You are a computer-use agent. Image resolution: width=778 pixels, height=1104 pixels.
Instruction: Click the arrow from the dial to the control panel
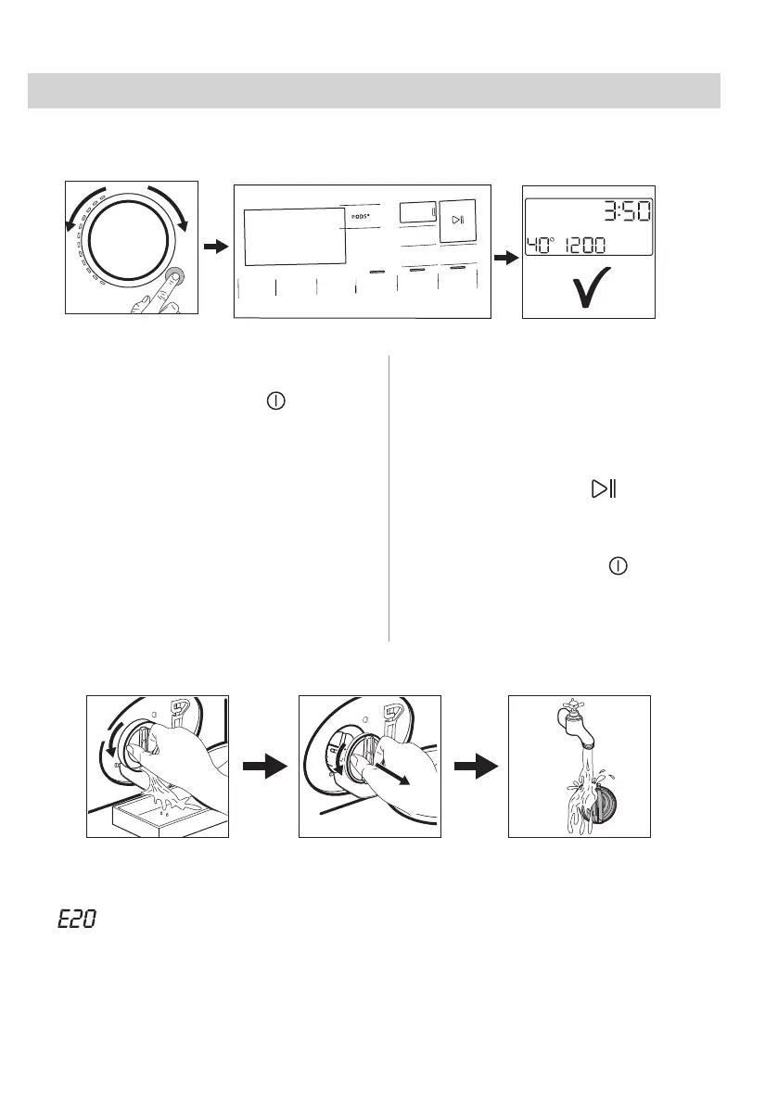[215, 247]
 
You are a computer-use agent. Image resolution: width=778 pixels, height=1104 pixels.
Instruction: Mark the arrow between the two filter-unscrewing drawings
[261, 766]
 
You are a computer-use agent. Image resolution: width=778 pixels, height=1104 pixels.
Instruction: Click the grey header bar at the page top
[374, 91]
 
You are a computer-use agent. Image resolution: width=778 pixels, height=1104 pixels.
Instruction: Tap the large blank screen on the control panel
[293, 236]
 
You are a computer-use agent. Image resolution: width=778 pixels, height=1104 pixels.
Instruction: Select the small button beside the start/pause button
[416, 212]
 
